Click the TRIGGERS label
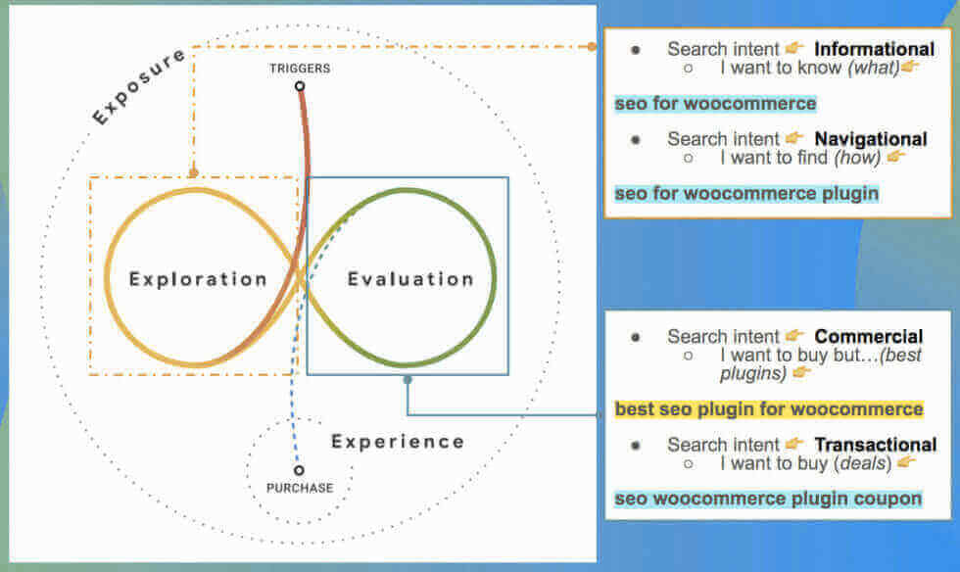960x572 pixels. tap(300, 69)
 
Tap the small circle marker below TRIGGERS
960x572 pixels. tap(300, 86)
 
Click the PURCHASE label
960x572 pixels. tap(300, 488)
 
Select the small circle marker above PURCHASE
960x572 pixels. tap(299, 470)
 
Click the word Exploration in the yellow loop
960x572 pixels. tap(199, 279)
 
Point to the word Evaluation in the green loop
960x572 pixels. tap(410, 279)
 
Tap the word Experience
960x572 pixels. tap(398, 441)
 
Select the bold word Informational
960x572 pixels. tap(874, 49)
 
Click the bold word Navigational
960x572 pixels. tap(870, 139)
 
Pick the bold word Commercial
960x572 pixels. tap(868, 337)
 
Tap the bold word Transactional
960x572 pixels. tap(875, 445)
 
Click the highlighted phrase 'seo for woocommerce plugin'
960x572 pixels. tap(746, 193)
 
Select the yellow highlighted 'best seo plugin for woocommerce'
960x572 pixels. tap(769, 408)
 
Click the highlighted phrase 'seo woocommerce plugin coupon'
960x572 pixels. tap(768, 499)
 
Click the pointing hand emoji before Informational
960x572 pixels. tap(794, 49)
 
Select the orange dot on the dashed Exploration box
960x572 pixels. tap(194, 173)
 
